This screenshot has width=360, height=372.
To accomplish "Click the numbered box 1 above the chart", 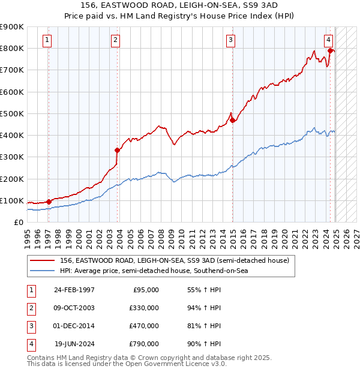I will coord(47,41).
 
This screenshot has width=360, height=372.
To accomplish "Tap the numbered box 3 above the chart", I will coord(230,41).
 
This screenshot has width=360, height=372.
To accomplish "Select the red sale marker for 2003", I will coord(117,151).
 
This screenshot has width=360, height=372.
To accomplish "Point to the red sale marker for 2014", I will coord(232,121).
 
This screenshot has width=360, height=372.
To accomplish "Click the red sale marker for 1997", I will coord(49,202).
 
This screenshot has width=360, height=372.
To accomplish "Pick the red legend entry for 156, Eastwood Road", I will coord(175,261).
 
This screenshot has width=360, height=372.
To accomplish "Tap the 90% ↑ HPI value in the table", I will coord(204,344).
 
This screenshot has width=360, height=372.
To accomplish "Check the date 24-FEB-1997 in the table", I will coord(74,290).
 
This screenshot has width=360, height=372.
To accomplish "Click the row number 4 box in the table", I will coord(31,344).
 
